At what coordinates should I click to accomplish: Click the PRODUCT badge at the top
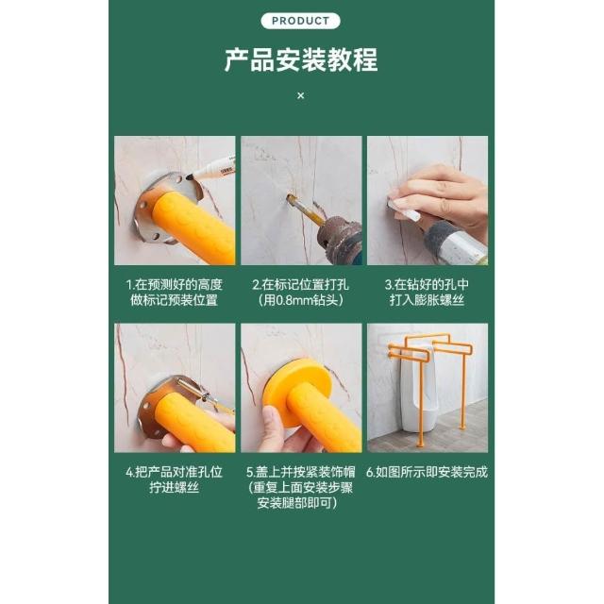click(300, 21)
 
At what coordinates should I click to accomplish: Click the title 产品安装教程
click(301, 59)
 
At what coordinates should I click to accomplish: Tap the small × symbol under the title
click(301, 95)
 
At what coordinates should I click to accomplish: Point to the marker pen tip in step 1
click(190, 177)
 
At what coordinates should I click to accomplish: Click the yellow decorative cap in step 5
click(297, 389)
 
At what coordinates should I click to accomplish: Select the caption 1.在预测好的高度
click(174, 284)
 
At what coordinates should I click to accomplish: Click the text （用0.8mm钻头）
click(301, 300)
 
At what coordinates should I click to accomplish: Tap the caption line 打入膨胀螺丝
click(427, 300)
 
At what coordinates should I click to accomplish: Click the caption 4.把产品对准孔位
click(174, 472)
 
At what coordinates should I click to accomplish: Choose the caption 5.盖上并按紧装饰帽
click(301, 472)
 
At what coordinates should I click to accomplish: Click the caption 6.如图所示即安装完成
click(427, 472)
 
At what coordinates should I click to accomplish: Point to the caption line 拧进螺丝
click(174, 487)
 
